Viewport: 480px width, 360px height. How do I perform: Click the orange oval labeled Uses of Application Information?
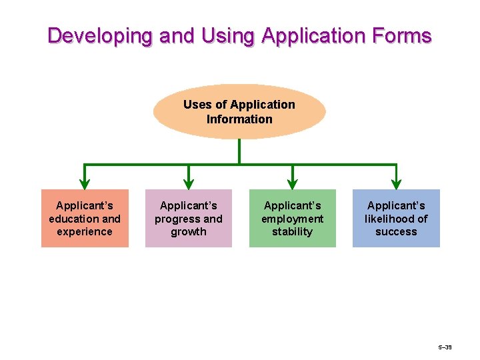pyautogui.click(x=239, y=111)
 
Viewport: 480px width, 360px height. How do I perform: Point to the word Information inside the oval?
pyautogui.click(x=239, y=119)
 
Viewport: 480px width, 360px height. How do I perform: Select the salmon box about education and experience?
pyautogui.click(x=85, y=218)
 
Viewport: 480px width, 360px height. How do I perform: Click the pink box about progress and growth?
pyautogui.click(x=189, y=218)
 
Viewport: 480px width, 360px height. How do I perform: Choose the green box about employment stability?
pyautogui.click(x=292, y=218)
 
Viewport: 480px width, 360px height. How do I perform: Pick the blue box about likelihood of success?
pyautogui.click(x=396, y=218)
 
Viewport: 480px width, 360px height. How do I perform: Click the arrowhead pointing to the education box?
pyautogui.click(x=85, y=183)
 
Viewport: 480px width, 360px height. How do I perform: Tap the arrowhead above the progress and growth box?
pyautogui.click(x=189, y=183)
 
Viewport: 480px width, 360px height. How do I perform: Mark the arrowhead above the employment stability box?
pyautogui.click(x=292, y=183)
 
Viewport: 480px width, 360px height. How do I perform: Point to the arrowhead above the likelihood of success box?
pyautogui.click(x=396, y=183)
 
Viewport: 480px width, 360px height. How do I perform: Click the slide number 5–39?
pyautogui.click(x=445, y=348)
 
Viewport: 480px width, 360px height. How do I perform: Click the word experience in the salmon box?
pyautogui.click(x=85, y=232)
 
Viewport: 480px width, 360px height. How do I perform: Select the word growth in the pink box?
pyautogui.click(x=189, y=232)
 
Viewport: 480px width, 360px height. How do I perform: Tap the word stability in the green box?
pyautogui.click(x=292, y=232)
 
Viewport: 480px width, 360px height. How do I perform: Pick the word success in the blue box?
pyautogui.click(x=396, y=232)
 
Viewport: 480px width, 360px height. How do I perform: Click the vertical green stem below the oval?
pyautogui.click(x=239, y=151)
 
